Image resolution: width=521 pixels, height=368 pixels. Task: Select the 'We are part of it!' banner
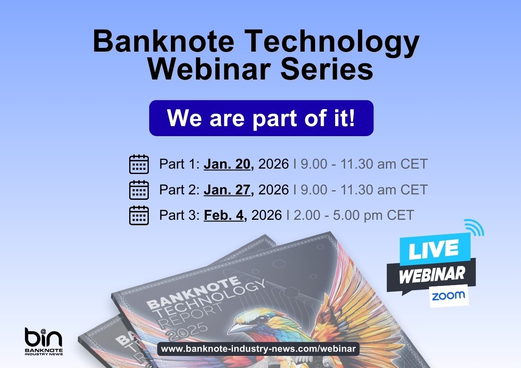point(261,118)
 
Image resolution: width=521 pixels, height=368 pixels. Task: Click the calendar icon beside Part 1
point(139,164)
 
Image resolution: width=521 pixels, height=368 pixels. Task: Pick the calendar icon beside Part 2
point(139,190)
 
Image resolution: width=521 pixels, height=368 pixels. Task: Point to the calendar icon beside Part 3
point(139,215)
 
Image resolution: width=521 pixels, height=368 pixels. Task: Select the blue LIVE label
point(433,249)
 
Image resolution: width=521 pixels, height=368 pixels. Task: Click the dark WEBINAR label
point(432,274)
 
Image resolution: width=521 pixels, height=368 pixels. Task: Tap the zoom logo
point(448,296)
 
